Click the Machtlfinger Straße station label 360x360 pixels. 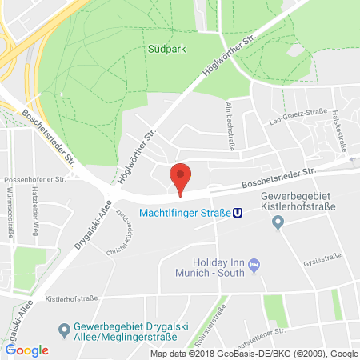point(185,213)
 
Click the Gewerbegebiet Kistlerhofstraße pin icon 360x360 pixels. point(278,223)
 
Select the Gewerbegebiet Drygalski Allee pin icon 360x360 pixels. point(65,328)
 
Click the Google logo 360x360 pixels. point(27,350)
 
